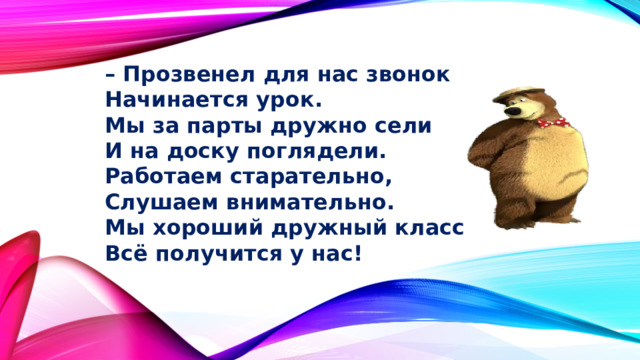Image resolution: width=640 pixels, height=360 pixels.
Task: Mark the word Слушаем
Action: coord(148,203)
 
